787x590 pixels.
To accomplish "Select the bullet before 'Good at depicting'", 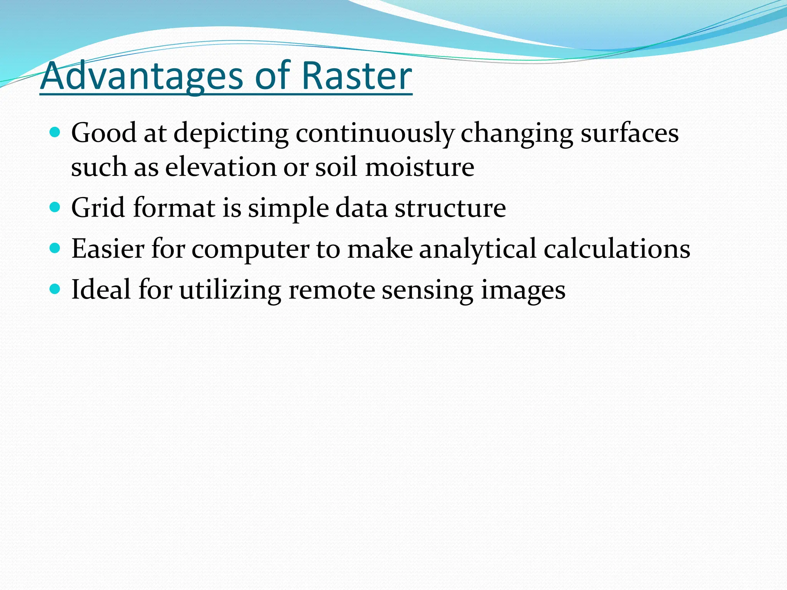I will (x=55, y=133).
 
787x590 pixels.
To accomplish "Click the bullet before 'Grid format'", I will (x=55, y=208).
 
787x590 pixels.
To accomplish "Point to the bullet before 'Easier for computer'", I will (x=55, y=249).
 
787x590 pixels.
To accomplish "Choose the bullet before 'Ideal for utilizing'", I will (x=55, y=289).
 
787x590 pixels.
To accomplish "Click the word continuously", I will (x=375, y=134).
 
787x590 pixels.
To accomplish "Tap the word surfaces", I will (x=629, y=134).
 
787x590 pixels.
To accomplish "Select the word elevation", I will (x=221, y=167).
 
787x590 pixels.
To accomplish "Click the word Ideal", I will (x=101, y=289).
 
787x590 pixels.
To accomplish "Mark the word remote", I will (x=331, y=289).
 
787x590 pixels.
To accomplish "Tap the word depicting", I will (x=231, y=134).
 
